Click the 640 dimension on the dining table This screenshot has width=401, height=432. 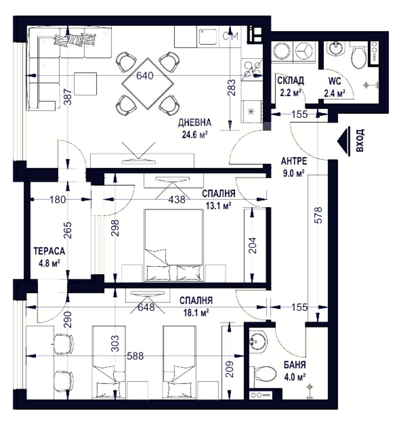145,75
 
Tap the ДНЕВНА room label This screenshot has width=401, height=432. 194,122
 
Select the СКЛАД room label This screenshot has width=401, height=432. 290,81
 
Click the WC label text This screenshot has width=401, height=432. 334,81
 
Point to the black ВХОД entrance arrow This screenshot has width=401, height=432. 344,141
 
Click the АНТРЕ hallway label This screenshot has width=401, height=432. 294,161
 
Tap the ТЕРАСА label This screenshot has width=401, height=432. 49,251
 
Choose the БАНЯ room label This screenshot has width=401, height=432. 295,365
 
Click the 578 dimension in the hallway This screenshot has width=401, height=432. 318,215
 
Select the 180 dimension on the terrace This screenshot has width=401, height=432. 58,200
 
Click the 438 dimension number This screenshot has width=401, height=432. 177,200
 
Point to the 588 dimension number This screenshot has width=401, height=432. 135,356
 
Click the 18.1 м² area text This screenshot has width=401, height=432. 196,313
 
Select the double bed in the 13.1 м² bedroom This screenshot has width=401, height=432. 174,246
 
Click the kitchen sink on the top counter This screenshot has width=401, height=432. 208,37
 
